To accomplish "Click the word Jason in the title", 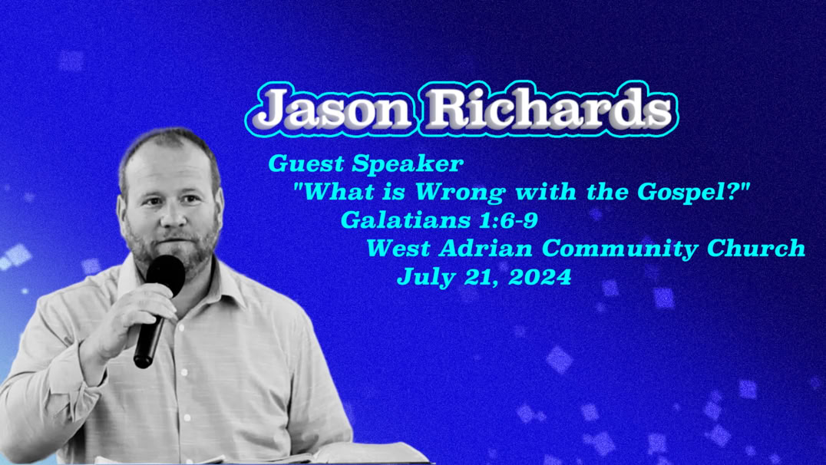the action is (x=334, y=110).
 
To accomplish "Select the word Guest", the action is (x=306, y=163).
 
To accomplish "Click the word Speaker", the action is (x=408, y=164).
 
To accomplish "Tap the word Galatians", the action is (x=405, y=219).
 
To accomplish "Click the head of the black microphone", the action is (x=166, y=274).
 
